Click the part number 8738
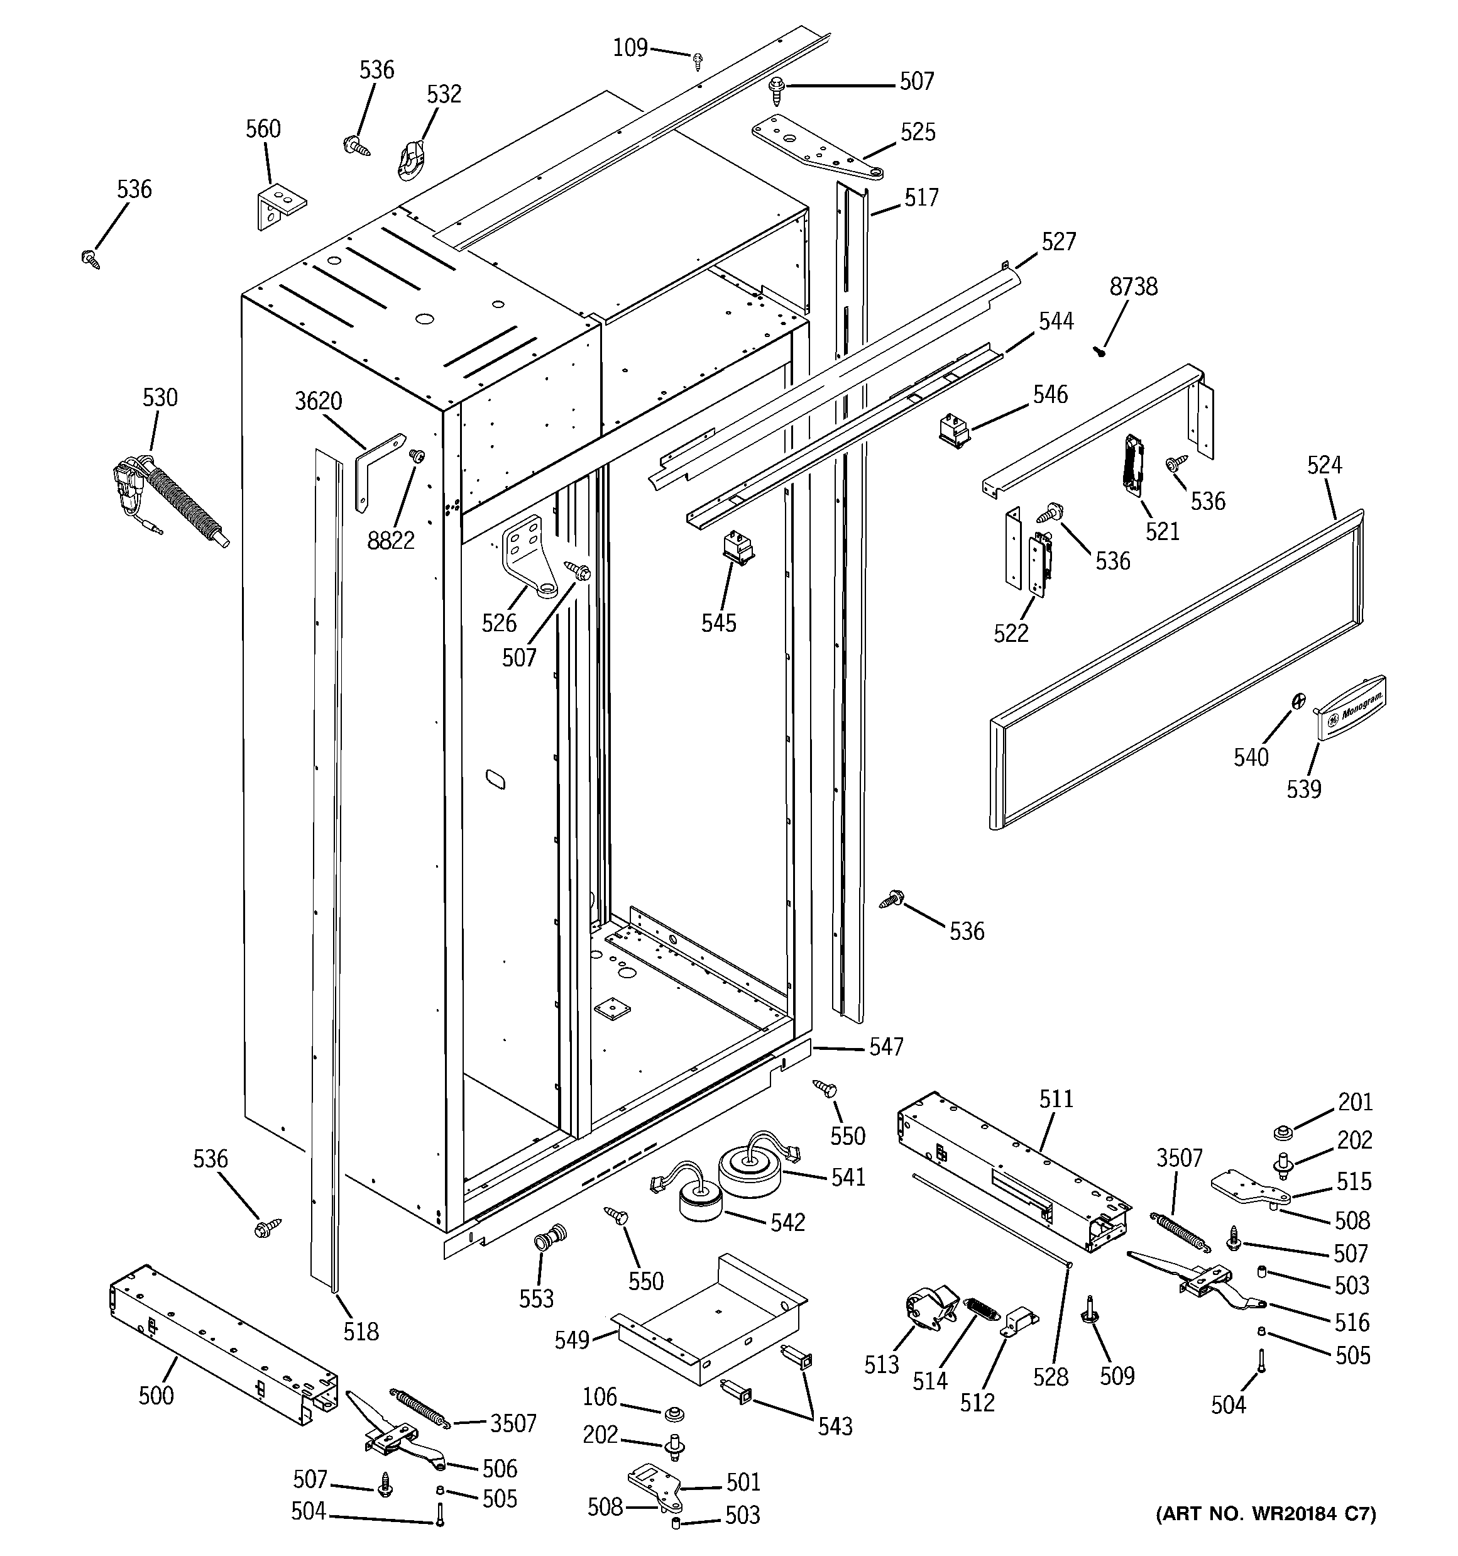(x=1132, y=287)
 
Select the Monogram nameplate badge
(x=1352, y=707)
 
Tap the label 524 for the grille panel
(x=1324, y=465)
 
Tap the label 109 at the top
(x=630, y=48)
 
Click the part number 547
(x=886, y=1047)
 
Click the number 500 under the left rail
(x=156, y=1395)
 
